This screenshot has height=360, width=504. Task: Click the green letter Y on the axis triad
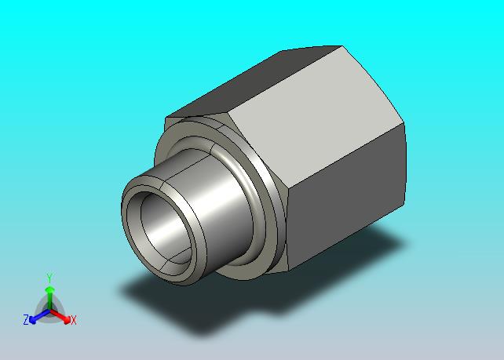pos(49,278)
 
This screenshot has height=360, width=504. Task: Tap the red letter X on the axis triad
pos(74,320)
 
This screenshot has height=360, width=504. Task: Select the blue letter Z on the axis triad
pos(26,320)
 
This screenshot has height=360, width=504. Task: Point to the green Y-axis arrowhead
pos(49,290)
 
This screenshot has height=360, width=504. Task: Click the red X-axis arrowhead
pos(67,319)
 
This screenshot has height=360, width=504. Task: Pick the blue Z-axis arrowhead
pos(32,320)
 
